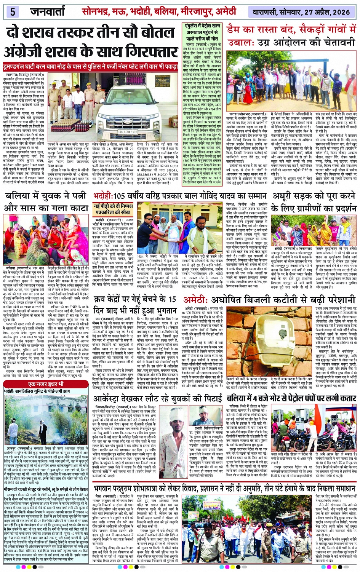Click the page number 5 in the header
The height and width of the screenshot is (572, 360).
pos(13,12)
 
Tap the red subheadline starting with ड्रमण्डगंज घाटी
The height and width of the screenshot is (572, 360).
pos(91,67)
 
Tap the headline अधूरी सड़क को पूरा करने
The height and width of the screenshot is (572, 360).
pos(314,196)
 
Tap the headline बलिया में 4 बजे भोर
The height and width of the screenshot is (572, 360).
pos(291,399)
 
